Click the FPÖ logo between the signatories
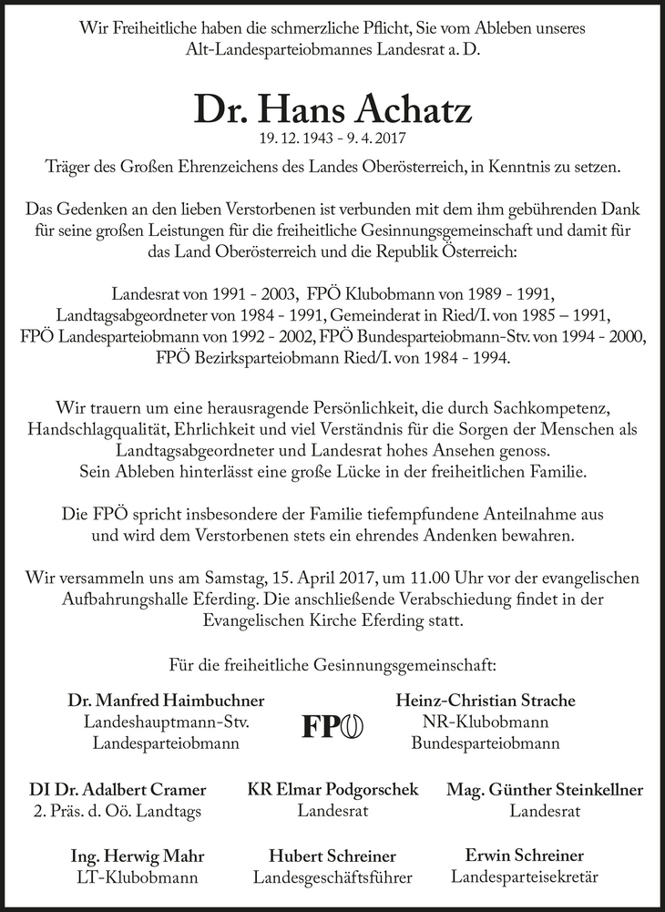click(332, 725)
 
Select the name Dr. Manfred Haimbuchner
click(166, 701)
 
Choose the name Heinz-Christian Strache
click(486, 701)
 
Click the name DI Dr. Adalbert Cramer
click(131, 789)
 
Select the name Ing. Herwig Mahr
click(137, 856)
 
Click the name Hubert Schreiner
click(332, 856)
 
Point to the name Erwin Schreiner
click(524, 856)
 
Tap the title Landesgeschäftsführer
click(332, 878)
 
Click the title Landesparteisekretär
click(524, 877)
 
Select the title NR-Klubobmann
click(486, 722)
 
